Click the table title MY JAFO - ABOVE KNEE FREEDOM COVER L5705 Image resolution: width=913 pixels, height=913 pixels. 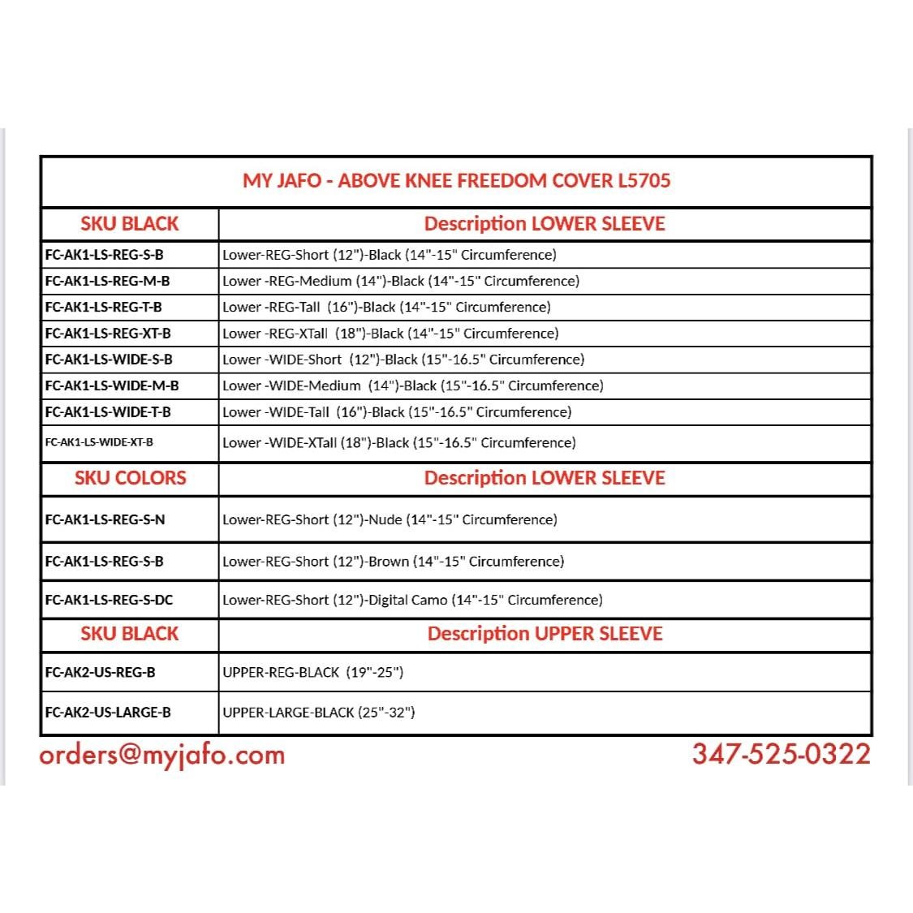point(456,180)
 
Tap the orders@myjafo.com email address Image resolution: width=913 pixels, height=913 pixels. point(162,755)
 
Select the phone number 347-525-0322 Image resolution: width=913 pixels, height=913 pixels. point(781,754)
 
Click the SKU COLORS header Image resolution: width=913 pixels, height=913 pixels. point(130,478)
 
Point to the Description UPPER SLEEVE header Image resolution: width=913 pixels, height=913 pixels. point(545,634)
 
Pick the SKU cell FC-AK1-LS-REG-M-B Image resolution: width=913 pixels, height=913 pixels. point(107,281)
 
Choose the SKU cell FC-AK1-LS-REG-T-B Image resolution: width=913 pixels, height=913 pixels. point(103,307)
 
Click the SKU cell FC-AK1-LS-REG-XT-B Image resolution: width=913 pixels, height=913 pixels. point(108,333)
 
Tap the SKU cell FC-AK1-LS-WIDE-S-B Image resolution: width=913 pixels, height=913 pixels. point(109,359)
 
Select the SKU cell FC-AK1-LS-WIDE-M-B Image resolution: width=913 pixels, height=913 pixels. point(112,385)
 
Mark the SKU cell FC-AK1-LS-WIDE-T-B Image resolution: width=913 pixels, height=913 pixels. point(108,411)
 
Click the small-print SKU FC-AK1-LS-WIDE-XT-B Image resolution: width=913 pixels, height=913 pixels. point(99,442)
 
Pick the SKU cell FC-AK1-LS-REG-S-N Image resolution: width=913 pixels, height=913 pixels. point(105,519)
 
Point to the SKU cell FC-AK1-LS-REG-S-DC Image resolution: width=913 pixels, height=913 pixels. point(109,600)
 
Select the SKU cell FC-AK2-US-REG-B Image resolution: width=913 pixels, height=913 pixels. point(100,672)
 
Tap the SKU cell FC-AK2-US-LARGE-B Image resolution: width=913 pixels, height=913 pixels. point(108,713)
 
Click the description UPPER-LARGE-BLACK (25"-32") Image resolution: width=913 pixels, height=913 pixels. point(319,713)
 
